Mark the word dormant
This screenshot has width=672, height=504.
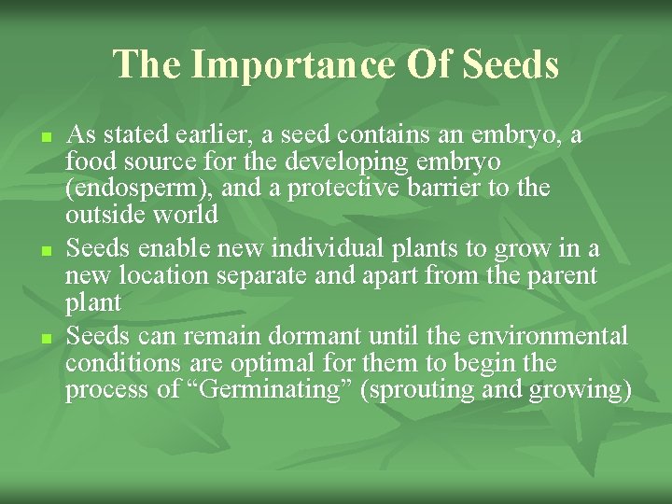click(x=291, y=336)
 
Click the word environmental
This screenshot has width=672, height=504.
click(x=540, y=336)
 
